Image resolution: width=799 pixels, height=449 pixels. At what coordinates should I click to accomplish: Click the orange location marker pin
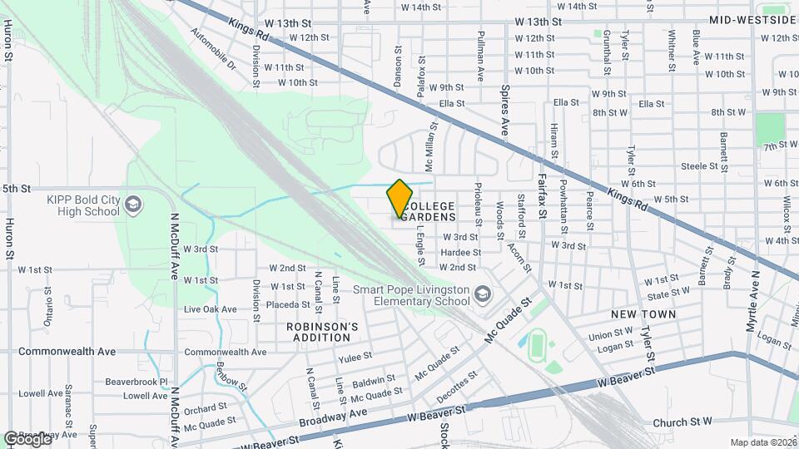399,199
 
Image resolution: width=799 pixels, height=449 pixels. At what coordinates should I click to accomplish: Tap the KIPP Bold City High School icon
132,205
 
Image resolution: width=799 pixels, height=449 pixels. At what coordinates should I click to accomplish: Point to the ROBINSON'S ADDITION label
322,332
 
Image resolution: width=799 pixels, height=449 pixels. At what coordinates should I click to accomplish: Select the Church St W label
682,422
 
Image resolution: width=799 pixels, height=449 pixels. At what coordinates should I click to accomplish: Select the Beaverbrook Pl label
136,382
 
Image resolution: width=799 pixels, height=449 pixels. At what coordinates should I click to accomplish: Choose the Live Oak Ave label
210,309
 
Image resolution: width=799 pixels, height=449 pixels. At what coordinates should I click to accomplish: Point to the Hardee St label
461,252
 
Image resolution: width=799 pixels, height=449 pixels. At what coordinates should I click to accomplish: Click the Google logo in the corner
27,438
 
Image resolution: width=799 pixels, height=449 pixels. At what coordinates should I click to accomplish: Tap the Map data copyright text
762,442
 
